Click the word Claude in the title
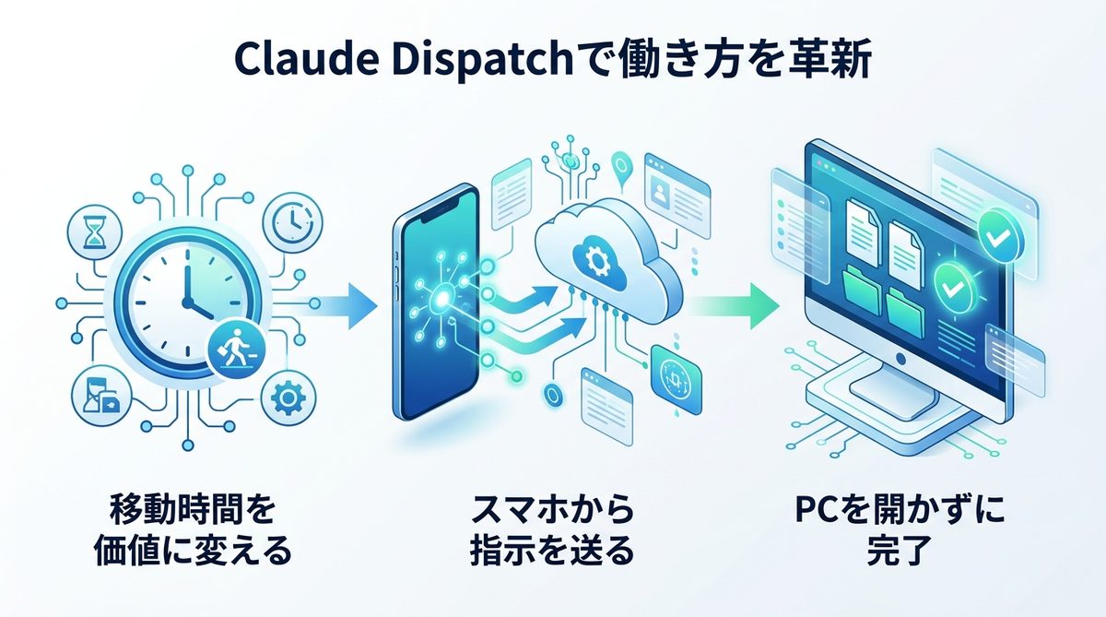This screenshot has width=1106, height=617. pyautogui.click(x=297, y=62)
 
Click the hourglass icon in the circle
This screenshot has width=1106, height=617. pyautogui.click(x=94, y=233)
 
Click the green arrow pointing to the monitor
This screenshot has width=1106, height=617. pyautogui.click(x=733, y=305)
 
